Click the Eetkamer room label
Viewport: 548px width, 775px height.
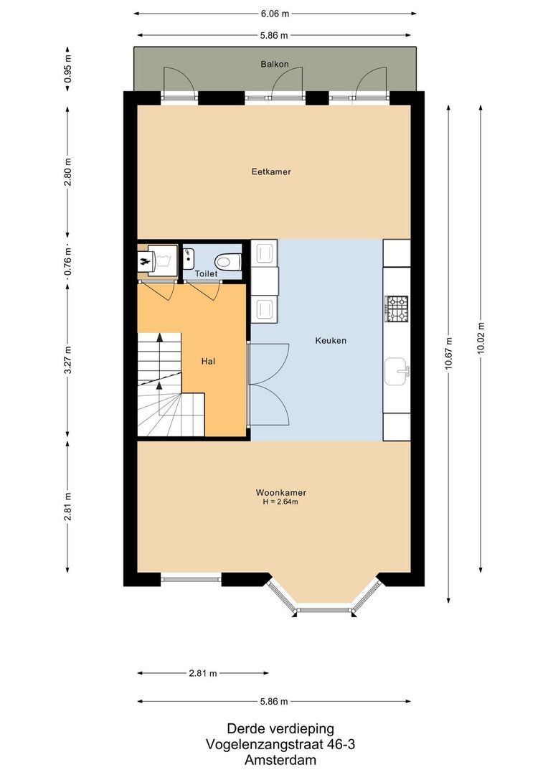click(x=270, y=172)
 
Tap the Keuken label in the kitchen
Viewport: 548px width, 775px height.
click(x=331, y=340)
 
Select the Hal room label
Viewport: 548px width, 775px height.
click(x=209, y=361)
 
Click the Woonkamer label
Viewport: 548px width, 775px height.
click(x=280, y=492)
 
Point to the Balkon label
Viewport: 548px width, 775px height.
click(x=274, y=64)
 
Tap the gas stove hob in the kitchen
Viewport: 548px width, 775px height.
click(x=397, y=309)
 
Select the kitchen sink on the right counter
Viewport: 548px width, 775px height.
click(x=397, y=371)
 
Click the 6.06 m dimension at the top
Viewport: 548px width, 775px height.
click(x=275, y=14)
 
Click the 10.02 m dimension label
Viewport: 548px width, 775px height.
click(x=481, y=334)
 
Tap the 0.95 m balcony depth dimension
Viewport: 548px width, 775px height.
click(x=67, y=69)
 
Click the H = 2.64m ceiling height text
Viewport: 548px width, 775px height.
click(x=280, y=502)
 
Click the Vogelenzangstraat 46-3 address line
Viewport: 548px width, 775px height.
click(x=280, y=744)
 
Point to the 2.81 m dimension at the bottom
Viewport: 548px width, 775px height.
click(x=203, y=673)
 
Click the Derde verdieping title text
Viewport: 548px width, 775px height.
click(x=280, y=728)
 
